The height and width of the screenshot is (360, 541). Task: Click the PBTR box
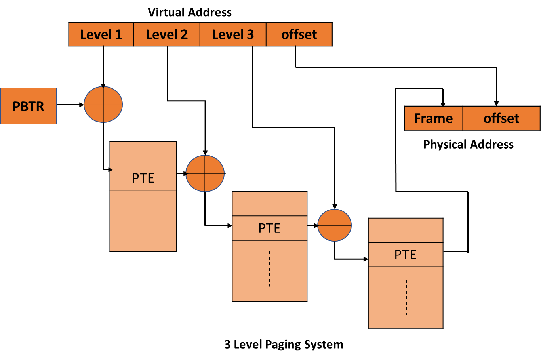(28, 106)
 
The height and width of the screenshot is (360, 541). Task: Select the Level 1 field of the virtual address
(101, 34)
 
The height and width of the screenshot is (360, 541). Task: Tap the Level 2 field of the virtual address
(167, 34)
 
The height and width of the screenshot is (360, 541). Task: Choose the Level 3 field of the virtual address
(233, 34)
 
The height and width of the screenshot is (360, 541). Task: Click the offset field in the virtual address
(299, 34)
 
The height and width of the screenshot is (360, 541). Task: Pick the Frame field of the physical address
(433, 118)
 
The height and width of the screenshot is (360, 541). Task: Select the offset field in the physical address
(501, 118)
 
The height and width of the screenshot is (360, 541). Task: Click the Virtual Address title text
(189, 12)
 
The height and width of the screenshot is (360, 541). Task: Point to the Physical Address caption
(468, 144)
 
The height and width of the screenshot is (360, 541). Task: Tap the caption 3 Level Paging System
(284, 344)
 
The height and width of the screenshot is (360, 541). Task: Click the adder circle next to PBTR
(103, 105)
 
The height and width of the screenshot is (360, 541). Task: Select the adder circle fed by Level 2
(205, 173)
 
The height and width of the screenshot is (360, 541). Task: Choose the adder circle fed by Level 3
(335, 225)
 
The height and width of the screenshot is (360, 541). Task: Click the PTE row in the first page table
(143, 178)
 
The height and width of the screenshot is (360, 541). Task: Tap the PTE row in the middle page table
(269, 228)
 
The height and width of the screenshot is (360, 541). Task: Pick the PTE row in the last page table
(405, 255)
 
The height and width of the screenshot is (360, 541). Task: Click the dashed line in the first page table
(143, 218)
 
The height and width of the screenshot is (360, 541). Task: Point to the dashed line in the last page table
(406, 297)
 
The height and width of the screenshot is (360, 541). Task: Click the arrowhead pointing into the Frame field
(443, 104)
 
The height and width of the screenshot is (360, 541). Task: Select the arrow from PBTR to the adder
(70, 105)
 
